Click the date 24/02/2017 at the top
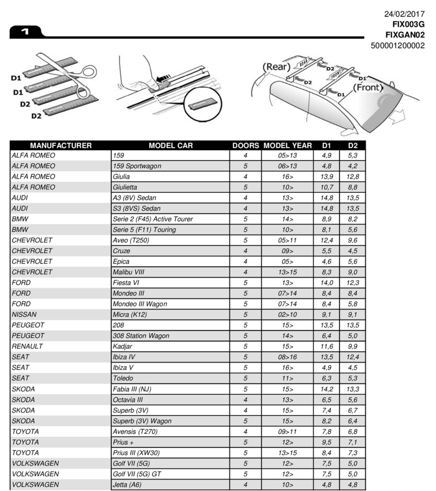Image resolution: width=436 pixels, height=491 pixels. click(x=405, y=14)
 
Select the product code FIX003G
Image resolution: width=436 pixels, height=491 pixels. click(x=408, y=24)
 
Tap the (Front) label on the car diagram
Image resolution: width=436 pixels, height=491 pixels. click(x=371, y=87)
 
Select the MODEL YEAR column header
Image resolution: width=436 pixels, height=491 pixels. click(x=288, y=145)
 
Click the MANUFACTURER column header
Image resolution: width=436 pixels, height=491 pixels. click(x=60, y=145)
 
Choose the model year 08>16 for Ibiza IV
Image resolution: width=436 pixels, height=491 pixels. click(x=287, y=357)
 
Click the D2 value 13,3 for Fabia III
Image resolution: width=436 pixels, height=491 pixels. click(x=353, y=389)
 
